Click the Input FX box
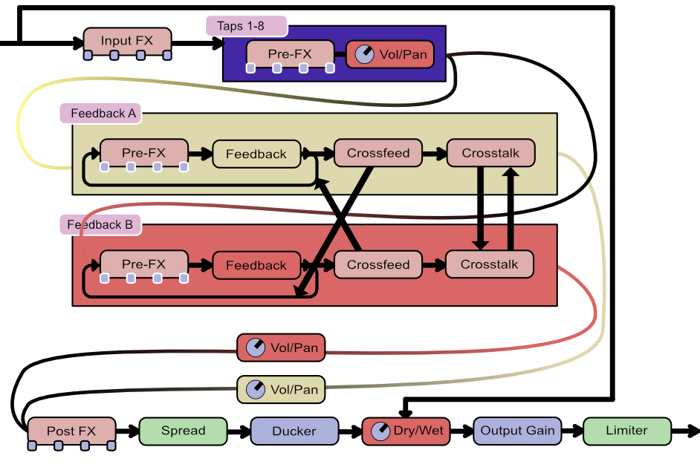[127, 41]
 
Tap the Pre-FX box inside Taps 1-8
[290, 54]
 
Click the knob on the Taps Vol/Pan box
[363, 54]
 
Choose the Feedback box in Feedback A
[256, 154]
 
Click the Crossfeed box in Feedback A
[377, 153]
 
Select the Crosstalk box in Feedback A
[490, 153]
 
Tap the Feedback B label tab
[100, 225]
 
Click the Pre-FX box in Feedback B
[143, 264]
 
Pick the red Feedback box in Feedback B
[256, 265]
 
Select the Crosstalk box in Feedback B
[489, 264]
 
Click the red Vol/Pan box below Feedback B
[281, 348]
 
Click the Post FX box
[71, 431]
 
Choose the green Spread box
[183, 431]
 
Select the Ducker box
[294, 431]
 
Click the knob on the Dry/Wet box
[380, 431]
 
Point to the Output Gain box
[517, 431]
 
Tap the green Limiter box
[626, 431]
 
